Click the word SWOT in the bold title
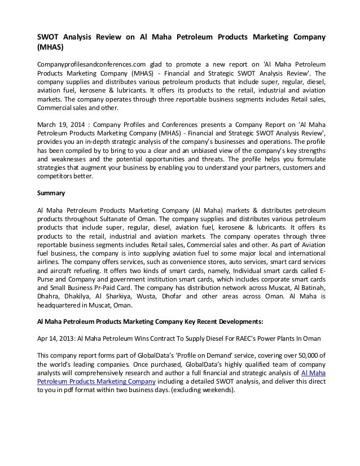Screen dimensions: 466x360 [x=47, y=38]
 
